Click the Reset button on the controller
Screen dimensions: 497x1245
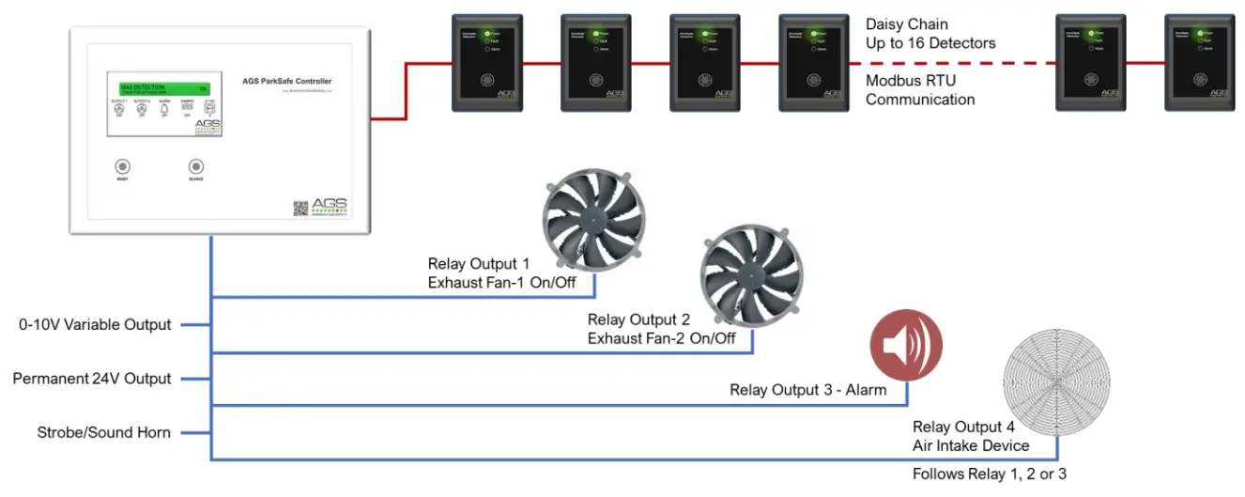pyautogui.click(x=122, y=163)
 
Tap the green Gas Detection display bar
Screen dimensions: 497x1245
pyautogui.click(x=164, y=87)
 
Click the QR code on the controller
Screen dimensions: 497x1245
pyautogui.click(x=300, y=209)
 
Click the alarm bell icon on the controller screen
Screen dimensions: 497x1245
pyautogui.click(x=164, y=110)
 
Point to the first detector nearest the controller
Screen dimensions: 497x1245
pyautogui.click(x=486, y=63)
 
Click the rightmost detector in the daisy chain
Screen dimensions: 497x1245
pyautogui.click(x=1196, y=63)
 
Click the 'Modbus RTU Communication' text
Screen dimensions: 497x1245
pyautogui.click(x=920, y=90)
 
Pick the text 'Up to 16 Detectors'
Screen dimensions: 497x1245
pyautogui.click(x=930, y=42)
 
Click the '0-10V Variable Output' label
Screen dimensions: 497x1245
pyautogui.click(x=95, y=325)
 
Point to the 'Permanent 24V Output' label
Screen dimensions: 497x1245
pyautogui.click(x=92, y=379)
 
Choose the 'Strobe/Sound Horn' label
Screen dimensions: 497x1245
pyautogui.click(x=103, y=432)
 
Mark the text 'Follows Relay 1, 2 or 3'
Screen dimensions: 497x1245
pyautogui.click(x=989, y=474)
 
